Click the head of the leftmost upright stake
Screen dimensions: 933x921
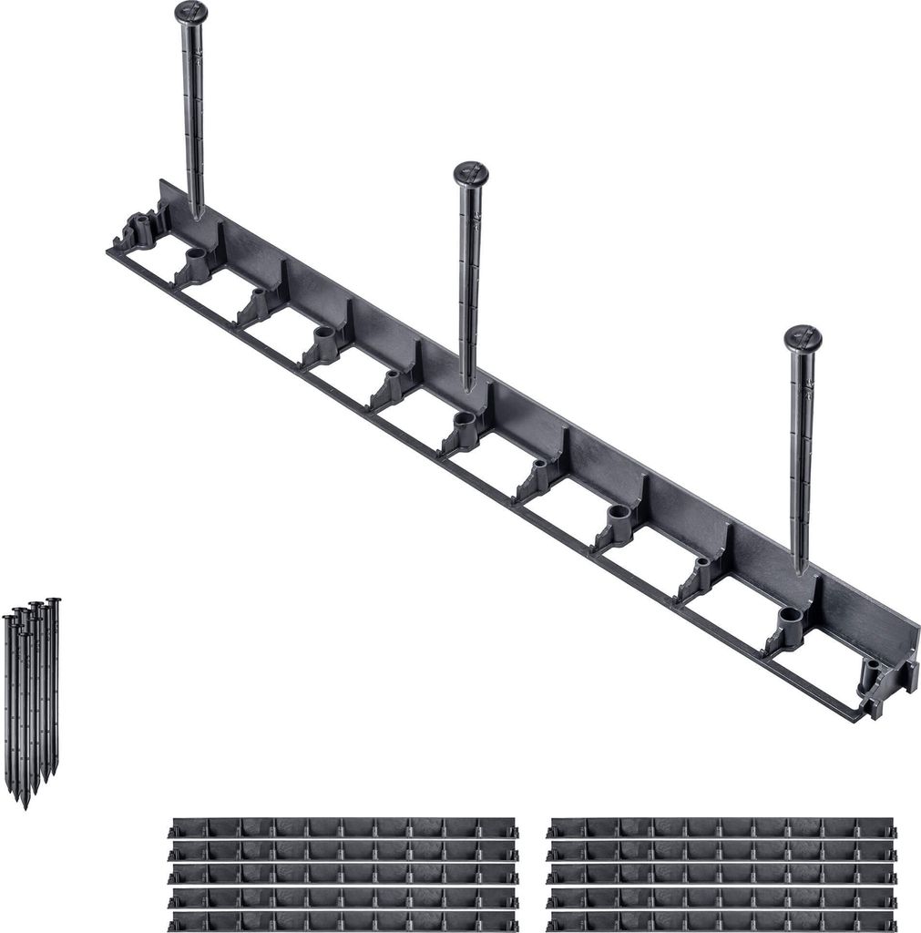191,13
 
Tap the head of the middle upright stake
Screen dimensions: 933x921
471,173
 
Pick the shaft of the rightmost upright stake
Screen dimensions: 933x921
802,456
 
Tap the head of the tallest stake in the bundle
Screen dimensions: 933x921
53,602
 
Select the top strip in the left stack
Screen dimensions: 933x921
343,828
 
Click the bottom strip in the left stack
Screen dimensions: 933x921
343,922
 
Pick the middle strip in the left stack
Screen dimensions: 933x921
343,875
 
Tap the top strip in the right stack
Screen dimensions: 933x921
721,828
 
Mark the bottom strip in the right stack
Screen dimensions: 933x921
721,922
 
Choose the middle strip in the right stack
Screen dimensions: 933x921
721,875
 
